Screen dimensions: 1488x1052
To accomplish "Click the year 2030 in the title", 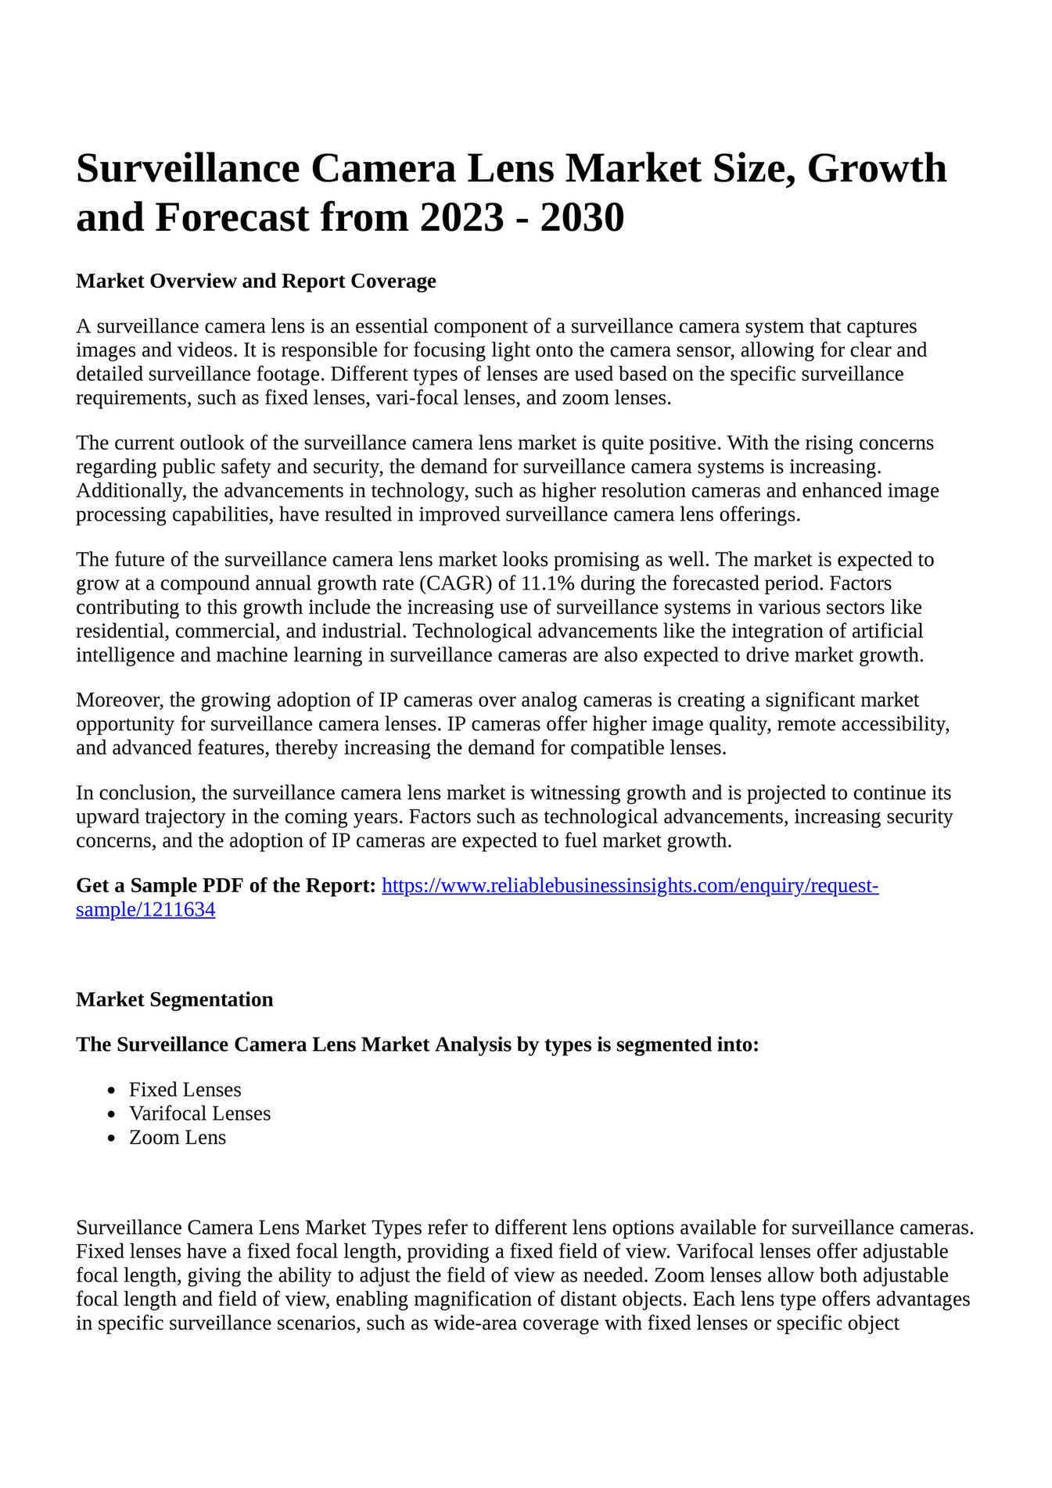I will coord(582,217).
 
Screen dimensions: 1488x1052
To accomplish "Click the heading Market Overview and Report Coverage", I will coord(256,281).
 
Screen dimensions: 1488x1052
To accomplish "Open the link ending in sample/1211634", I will coord(145,909).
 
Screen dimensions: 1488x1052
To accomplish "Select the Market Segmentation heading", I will coord(174,999).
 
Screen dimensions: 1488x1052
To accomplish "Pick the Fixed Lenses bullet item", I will coord(185,1089).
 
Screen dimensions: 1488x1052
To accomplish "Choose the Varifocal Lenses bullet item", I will coord(199,1113).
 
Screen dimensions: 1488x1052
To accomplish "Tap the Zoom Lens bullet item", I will coord(178,1137).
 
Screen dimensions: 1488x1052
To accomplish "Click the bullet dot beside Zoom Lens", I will coord(113,1138).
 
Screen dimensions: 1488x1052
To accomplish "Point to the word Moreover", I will coord(119,699).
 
